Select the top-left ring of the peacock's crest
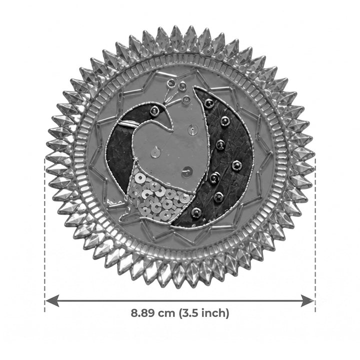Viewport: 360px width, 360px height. [x=170, y=82]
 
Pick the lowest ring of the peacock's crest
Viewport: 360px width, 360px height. [x=186, y=99]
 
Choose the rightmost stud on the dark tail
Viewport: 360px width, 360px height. [x=236, y=165]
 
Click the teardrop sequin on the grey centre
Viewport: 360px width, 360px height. [x=156, y=152]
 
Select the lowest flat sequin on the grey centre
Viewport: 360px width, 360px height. [x=187, y=172]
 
